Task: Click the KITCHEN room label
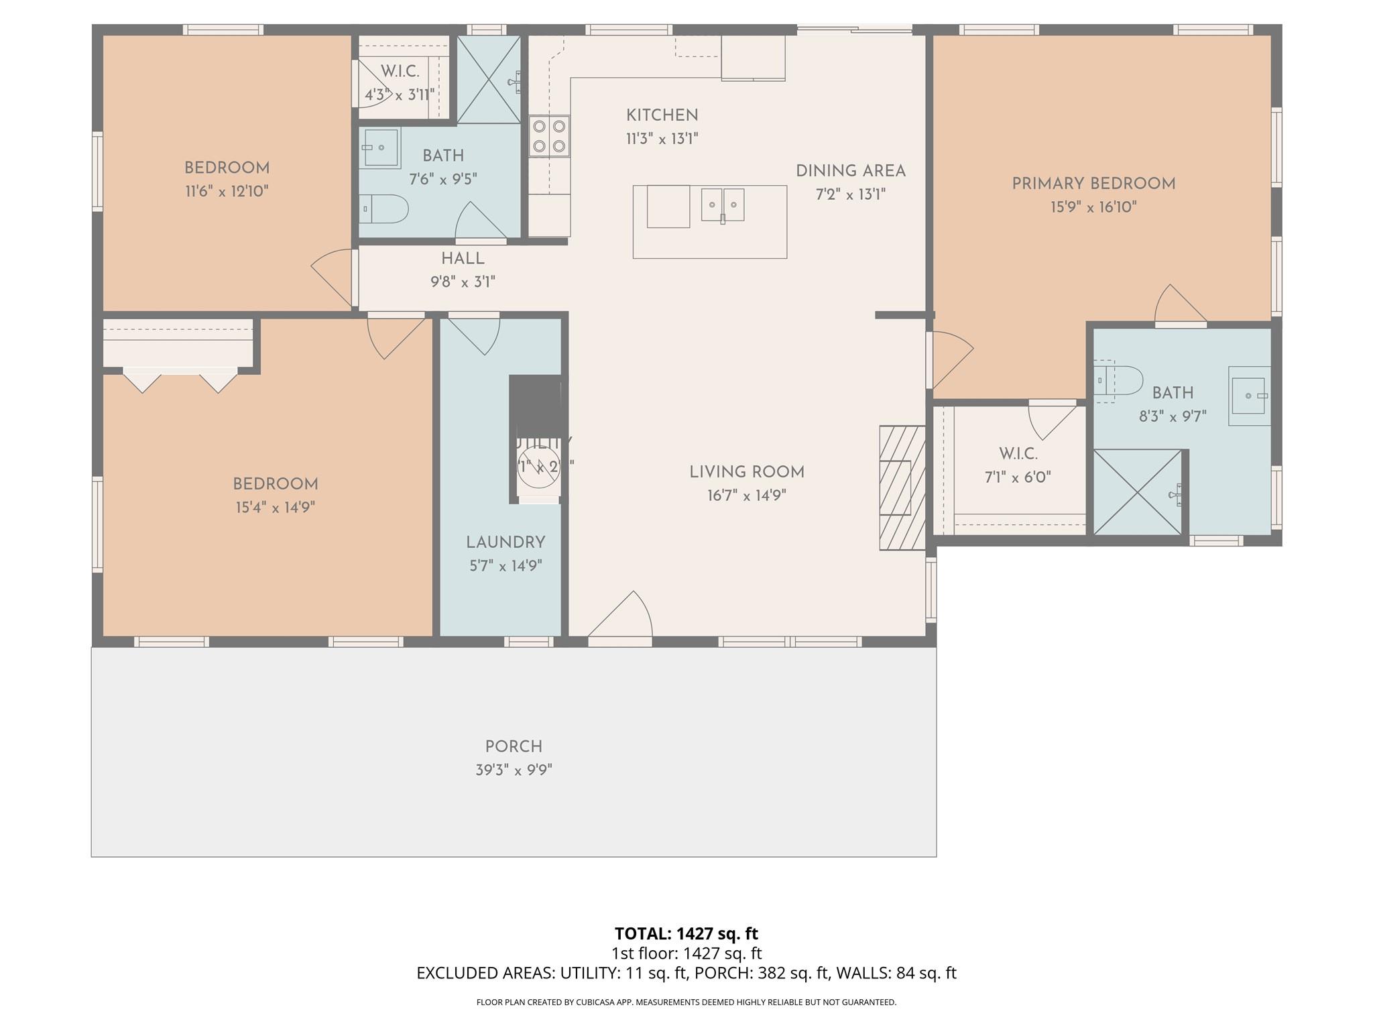pos(662,115)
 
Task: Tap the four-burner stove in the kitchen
pos(549,136)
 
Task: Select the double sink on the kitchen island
pos(723,205)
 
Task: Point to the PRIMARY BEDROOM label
pos(1093,184)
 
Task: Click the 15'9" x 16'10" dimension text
pos(1093,207)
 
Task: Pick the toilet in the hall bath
pos(384,209)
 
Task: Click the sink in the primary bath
pos(1249,396)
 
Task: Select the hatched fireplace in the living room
pos(902,488)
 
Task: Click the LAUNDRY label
pos(505,542)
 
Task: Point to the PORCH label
pos(514,746)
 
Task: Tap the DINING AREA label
pos(850,171)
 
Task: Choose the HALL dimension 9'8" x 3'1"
pos(463,282)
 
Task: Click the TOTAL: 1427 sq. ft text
pos(686,933)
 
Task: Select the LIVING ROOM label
pos(747,472)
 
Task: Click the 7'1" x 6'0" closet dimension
pos(1017,477)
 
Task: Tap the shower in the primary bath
pos(1137,492)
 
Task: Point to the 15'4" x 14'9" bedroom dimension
pos(275,508)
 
